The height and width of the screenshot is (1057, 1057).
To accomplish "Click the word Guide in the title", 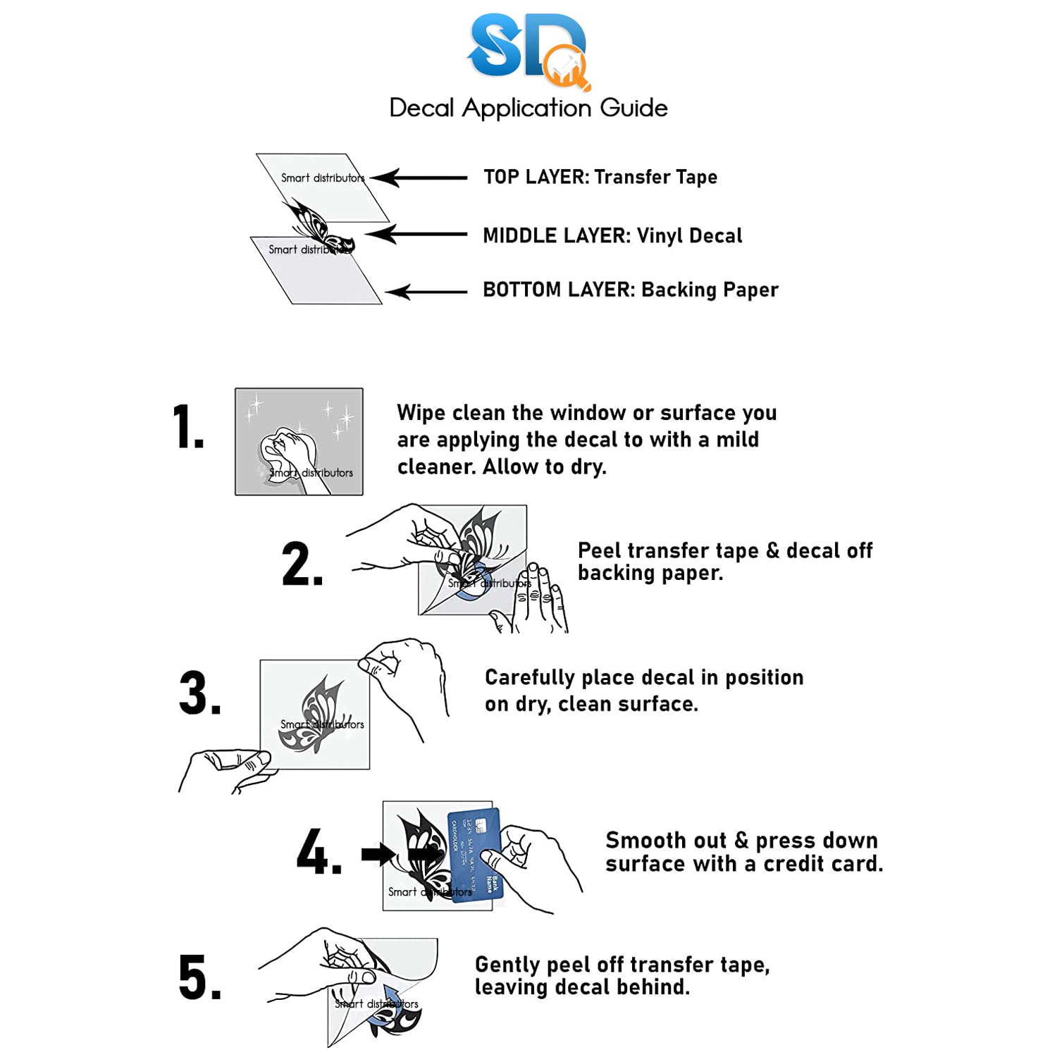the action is click(x=633, y=108).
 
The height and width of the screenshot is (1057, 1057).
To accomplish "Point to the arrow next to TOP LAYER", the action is click(x=419, y=178).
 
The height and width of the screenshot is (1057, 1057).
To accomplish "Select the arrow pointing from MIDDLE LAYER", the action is click(x=416, y=234).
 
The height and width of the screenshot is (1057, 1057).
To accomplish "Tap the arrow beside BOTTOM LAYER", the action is click(x=426, y=292).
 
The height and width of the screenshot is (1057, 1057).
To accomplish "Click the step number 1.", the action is click(x=187, y=427).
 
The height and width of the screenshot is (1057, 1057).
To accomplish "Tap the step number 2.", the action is click(x=302, y=564).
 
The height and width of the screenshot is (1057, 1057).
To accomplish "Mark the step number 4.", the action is click(x=319, y=852).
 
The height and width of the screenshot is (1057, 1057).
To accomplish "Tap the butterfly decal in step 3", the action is click(x=313, y=713).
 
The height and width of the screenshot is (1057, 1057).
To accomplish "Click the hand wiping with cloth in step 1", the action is click(x=289, y=455).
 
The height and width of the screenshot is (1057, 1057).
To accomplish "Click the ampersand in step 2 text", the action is click(x=772, y=550).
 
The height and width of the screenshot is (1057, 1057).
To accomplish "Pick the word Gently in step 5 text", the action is click(x=507, y=965).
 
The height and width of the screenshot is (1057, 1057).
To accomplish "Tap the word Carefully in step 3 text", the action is click(x=529, y=678).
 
